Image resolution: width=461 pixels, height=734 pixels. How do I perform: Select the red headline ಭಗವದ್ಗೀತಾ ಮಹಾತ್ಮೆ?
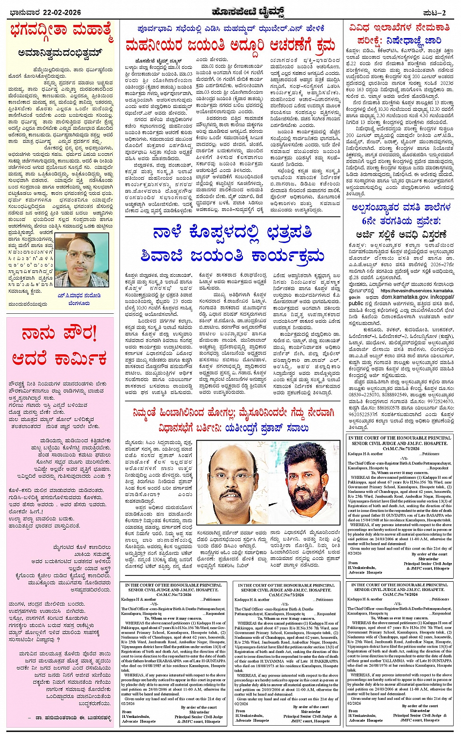tap(61, 32)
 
